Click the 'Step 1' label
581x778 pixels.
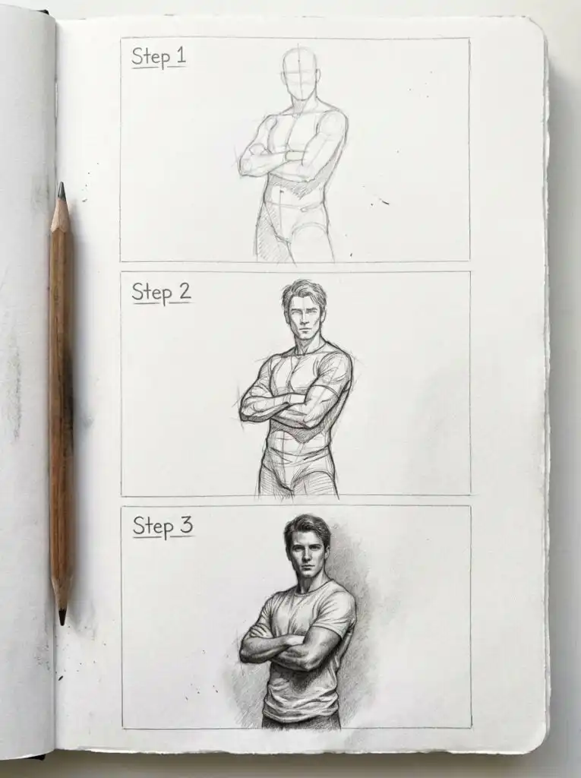point(158,57)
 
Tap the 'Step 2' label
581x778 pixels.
point(160,293)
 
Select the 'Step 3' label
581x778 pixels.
point(163,526)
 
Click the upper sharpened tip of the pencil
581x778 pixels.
point(61,189)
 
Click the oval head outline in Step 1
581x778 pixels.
point(301,73)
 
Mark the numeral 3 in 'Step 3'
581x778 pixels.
point(185,526)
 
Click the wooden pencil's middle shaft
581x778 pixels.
point(62,403)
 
